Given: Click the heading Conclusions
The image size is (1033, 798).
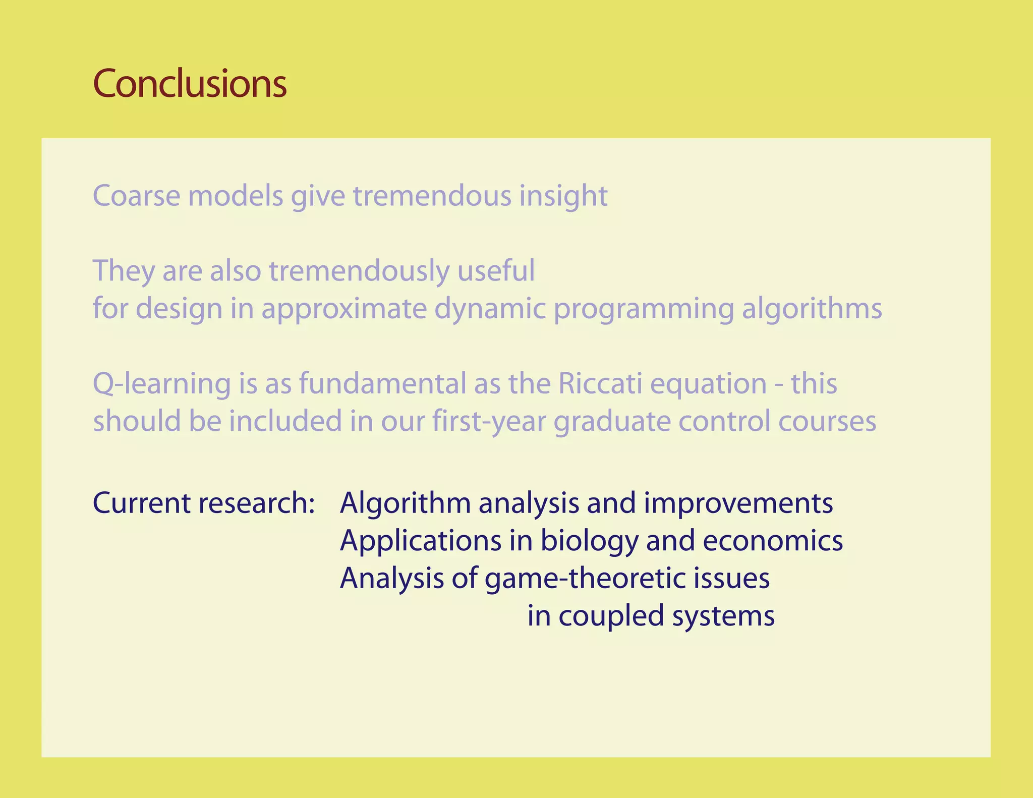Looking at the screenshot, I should pyautogui.click(x=190, y=83).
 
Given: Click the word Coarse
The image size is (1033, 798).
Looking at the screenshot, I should pyautogui.click(x=136, y=196).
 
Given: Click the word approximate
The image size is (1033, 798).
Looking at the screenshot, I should pyautogui.click(x=343, y=309).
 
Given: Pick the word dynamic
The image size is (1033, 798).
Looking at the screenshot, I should pyautogui.click(x=490, y=309).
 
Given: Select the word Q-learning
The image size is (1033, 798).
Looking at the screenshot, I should pyautogui.click(x=161, y=384).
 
